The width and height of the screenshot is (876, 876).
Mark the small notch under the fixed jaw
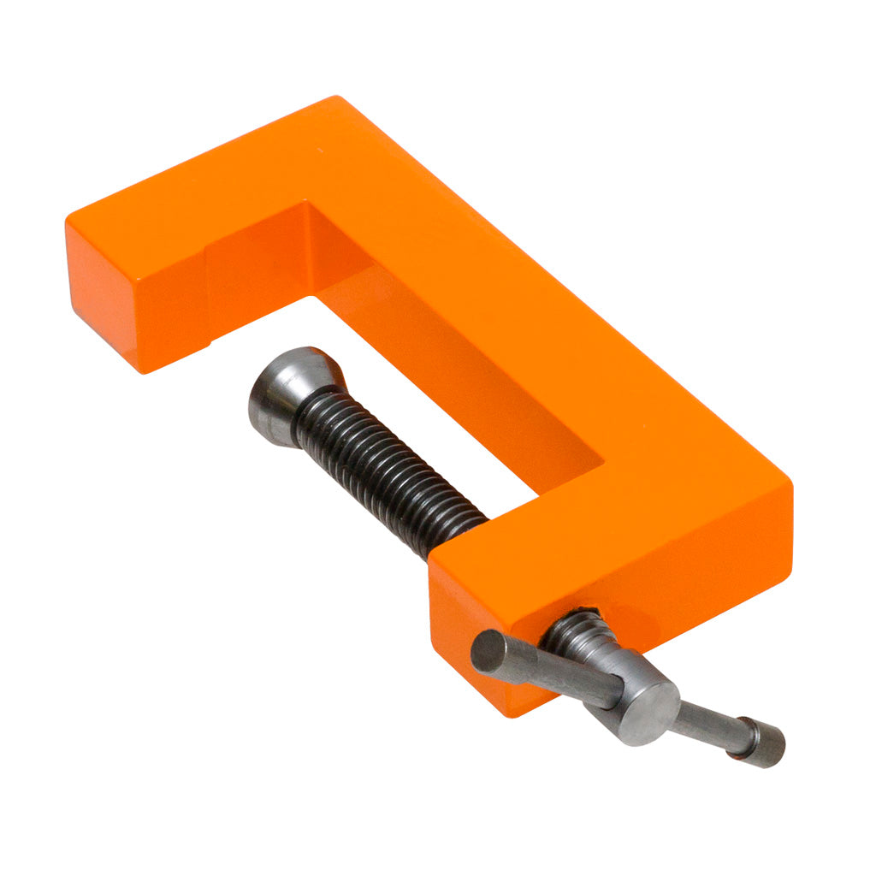205,346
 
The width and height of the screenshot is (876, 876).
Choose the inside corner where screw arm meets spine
602,466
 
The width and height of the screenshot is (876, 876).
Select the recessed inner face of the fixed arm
257,265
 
